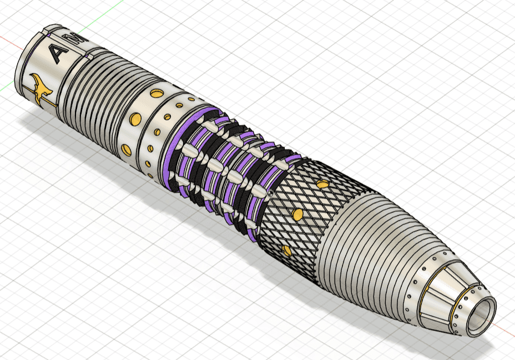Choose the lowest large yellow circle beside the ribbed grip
pos(127,150)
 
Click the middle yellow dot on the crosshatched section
pos(297,214)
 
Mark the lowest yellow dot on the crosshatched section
pos(286,251)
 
